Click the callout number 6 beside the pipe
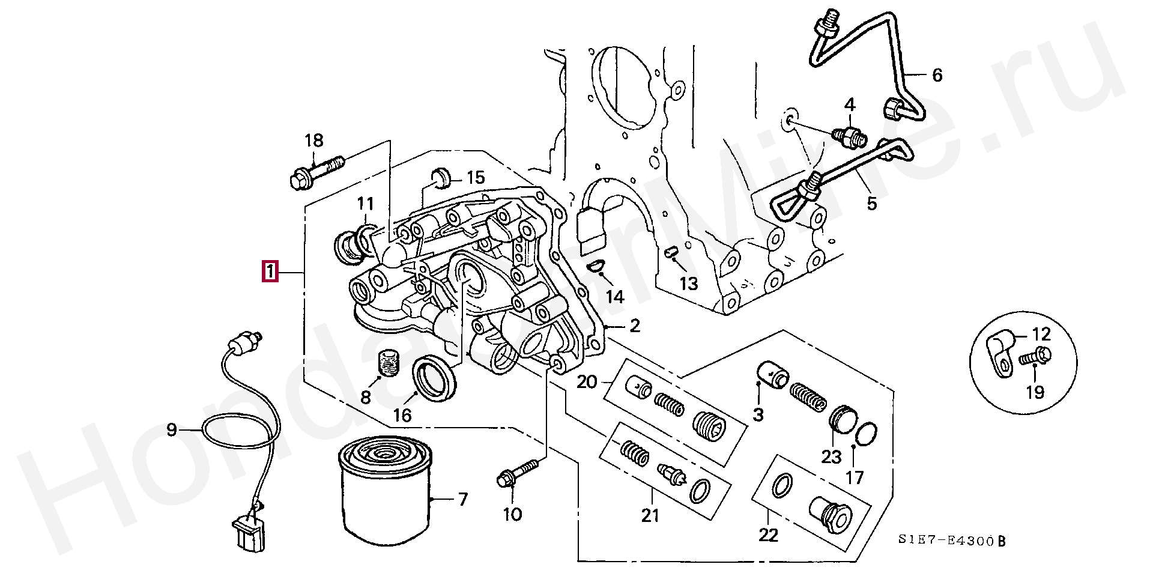tap(937, 75)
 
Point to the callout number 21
tap(650, 515)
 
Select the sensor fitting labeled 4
tap(849, 134)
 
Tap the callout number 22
tap(769, 534)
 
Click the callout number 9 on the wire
tap(172, 430)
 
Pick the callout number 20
tap(587, 381)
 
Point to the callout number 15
tap(475, 177)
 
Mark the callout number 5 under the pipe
tap(871, 203)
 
